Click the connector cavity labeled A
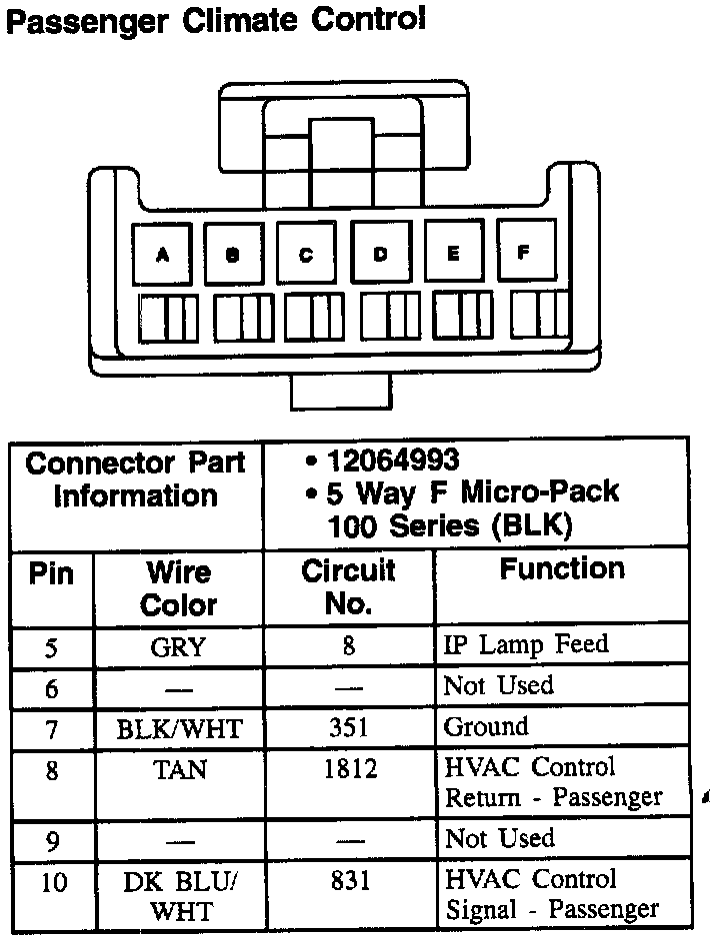162,254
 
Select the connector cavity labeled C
306,254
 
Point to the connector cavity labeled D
380,254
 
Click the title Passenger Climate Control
215,22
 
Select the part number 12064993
392,461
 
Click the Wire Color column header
178,588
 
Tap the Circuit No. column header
348,586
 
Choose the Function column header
562,569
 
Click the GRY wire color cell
178,647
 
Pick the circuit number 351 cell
348,728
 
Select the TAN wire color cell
178,769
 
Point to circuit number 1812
348,769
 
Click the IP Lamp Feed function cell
525,645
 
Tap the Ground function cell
485,727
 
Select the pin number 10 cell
53,883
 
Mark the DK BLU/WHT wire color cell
180,896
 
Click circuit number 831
348,881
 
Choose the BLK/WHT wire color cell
178,729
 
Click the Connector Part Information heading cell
136,479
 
